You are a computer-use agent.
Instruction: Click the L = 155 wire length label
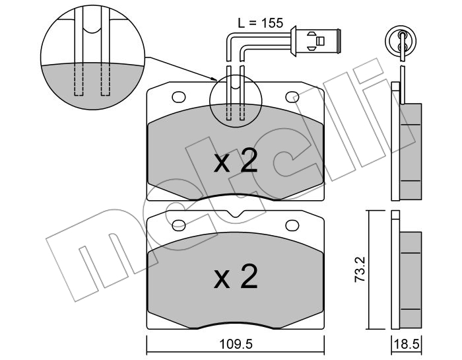pos(260,23)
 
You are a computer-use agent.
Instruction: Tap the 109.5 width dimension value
pos(236,343)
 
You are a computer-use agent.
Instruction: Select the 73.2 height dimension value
pos(360,270)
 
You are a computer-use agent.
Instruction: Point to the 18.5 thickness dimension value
pos(407,344)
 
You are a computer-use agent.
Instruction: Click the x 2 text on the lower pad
pos(236,276)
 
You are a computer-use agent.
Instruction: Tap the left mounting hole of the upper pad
pos(179,96)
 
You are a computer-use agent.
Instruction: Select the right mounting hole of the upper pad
pos(292,96)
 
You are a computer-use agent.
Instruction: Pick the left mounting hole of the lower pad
pos(179,225)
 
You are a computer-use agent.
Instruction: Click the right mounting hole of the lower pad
pos(292,225)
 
